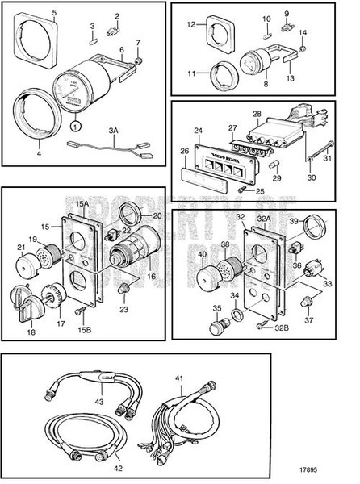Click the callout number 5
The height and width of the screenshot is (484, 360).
coord(31,14)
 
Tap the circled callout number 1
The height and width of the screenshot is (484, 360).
coord(75,126)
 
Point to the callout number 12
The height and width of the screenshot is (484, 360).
coord(191,24)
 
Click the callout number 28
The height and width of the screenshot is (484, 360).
coord(278,115)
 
